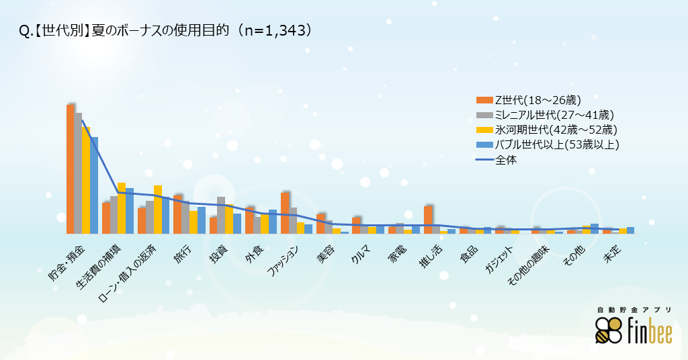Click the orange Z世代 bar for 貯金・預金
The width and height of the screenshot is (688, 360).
[x=70, y=169]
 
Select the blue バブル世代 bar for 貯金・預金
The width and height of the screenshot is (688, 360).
[x=94, y=185]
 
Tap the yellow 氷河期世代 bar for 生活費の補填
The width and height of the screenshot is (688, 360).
[x=122, y=208]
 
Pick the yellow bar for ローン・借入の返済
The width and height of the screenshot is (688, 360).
[x=158, y=210]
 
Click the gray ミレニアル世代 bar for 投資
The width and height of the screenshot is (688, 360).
[x=221, y=215]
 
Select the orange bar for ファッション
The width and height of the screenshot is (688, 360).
[x=285, y=213]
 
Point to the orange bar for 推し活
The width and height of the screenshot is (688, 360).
[x=428, y=220]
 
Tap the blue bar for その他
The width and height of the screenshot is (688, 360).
[x=595, y=228]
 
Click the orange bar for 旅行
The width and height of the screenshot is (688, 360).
[x=177, y=214]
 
